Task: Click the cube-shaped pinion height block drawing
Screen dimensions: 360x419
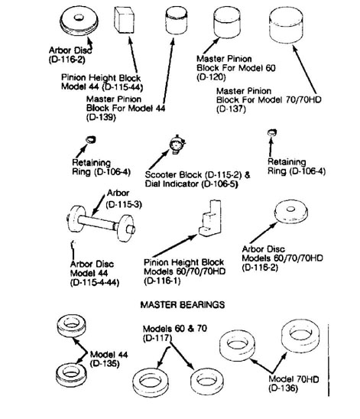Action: (x=124, y=20)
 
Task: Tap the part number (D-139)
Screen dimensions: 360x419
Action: (x=101, y=117)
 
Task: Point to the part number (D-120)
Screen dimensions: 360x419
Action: (x=211, y=77)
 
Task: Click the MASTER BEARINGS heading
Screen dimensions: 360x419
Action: (x=183, y=304)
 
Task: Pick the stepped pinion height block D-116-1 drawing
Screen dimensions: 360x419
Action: (x=210, y=219)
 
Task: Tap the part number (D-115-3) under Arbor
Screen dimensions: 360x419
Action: (x=124, y=205)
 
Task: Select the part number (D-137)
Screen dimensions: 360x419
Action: (x=231, y=109)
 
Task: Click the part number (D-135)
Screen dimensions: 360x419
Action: (x=105, y=364)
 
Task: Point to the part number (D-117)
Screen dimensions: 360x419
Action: (x=157, y=338)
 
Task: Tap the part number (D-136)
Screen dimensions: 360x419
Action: (x=283, y=388)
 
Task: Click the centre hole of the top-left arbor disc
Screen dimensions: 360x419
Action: (x=79, y=18)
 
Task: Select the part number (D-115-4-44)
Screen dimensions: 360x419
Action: (x=95, y=283)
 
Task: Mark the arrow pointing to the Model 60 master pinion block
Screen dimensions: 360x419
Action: (x=211, y=45)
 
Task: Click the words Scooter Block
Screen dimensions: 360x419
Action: (x=174, y=175)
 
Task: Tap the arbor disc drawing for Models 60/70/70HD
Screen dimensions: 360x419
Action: (x=291, y=212)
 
